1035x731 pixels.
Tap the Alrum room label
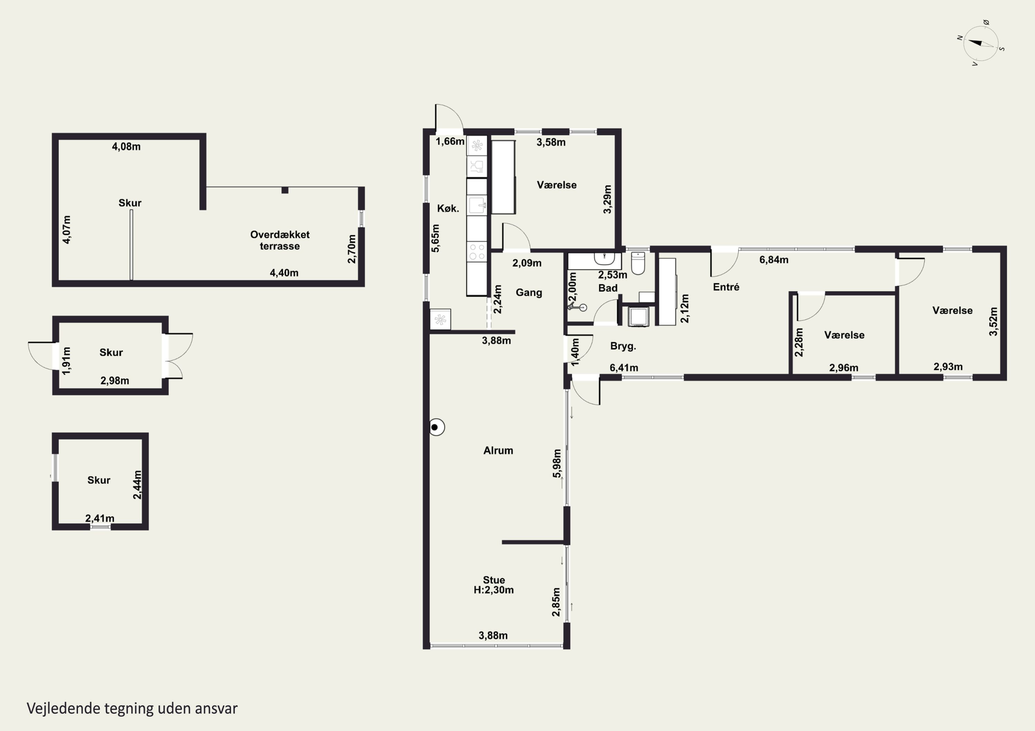click(498, 450)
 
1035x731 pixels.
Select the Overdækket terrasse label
click(280, 240)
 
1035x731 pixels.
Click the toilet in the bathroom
click(638, 263)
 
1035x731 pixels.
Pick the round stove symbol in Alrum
click(436, 427)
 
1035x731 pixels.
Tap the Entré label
click(726, 287)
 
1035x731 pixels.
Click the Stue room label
click(494, 580)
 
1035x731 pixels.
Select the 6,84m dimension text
click(773, 260)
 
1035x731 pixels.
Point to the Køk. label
click(448, 209)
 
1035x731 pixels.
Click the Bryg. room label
click(623, 346)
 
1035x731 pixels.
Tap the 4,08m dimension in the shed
click(126, 146)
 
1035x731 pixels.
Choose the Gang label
click(529, 293)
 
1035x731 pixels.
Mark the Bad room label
click(608, 288)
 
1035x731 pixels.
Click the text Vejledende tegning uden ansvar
click(132, 708)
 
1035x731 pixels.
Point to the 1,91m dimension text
click(66, 360)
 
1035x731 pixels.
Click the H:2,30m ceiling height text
click(494, 590)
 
